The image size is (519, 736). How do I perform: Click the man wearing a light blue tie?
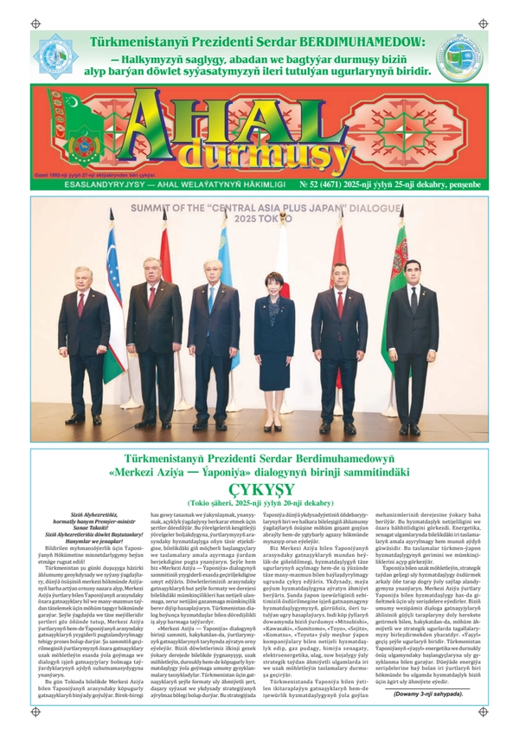tap(211, 338)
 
